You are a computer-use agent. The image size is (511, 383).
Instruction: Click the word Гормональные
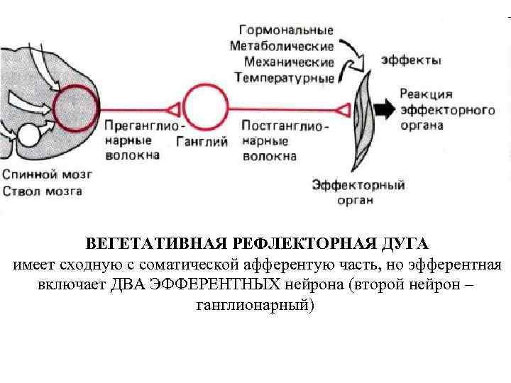click(286, 31)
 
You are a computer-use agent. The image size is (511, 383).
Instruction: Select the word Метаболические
click(281, 47)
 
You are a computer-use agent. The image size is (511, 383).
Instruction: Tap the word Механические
click(286, 62)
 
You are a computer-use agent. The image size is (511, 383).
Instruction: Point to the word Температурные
click(283, 77)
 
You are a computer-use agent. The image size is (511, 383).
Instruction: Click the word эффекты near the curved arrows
click(410, 60)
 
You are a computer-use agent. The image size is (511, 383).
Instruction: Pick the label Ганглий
click(202, 141)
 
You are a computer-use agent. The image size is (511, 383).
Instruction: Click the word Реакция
click(426, 94)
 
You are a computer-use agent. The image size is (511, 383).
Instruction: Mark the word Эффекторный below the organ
click(358, 186)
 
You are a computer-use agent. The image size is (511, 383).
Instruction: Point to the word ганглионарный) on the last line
click(253, 306)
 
